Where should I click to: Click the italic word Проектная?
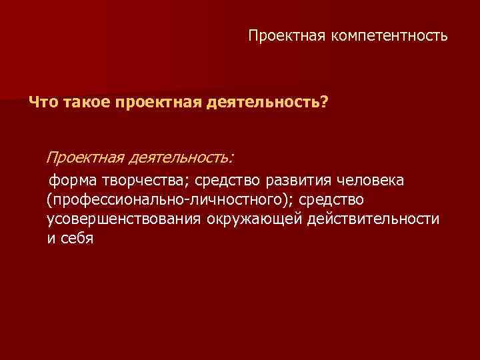pyautogui.click(x=85, y=157)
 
